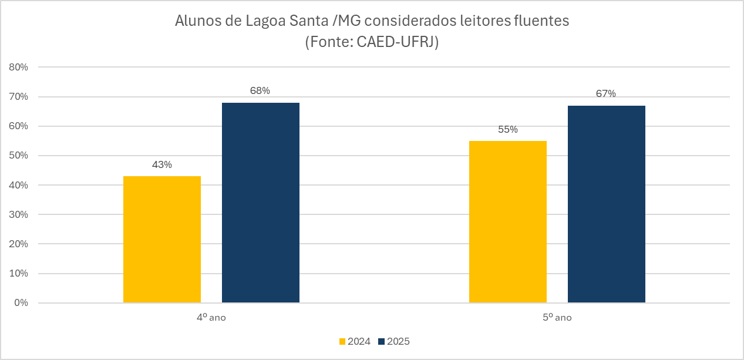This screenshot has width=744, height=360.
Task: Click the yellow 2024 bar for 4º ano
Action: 162,240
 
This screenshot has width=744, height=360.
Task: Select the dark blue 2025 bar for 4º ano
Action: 261,203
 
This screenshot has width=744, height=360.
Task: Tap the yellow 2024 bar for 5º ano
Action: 508,222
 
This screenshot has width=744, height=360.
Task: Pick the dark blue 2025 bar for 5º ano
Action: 607,204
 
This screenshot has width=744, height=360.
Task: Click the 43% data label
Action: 162,164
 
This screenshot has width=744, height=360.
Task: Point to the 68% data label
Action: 260,90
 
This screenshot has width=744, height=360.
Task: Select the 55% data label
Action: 508,129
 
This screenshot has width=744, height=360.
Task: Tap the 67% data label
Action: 606,93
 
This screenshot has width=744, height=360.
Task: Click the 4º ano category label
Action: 211,318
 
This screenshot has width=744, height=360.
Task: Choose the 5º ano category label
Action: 557,318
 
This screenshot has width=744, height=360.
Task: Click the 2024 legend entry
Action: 355,341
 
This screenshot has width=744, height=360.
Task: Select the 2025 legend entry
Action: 393,341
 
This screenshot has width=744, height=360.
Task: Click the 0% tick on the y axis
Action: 21,303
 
